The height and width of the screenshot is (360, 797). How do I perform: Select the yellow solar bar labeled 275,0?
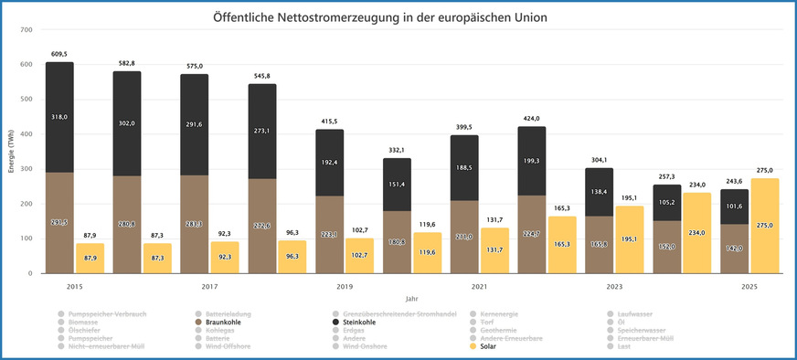point(765,225)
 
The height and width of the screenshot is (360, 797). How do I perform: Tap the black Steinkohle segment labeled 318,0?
point(59,117)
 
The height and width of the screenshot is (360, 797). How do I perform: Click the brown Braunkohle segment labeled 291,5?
point(59,222)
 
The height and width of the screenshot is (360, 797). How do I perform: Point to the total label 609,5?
point(59,54)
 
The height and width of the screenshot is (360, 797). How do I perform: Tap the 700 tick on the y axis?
point(26,30)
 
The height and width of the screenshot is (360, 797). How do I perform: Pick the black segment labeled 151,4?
point(397,185)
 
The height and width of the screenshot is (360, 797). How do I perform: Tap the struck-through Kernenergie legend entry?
point(498,313)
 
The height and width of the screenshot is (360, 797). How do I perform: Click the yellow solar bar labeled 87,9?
point(89,258)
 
